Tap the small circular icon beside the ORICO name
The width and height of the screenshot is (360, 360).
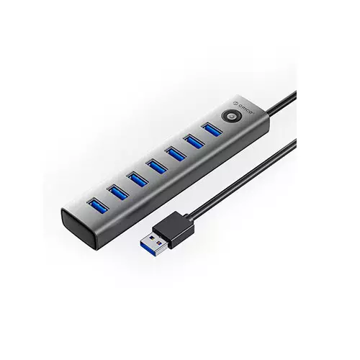pyautogui.click(x=236, y=103)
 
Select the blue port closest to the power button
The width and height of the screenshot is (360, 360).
pyautogui.click(x=212, y=130)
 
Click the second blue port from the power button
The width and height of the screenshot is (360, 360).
pyautogui.click(x=194, y=142)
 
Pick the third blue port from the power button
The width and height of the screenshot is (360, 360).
pyautogui.click(x=176, y=154)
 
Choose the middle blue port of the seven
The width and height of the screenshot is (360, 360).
pyautogui.click(x=157, y=166)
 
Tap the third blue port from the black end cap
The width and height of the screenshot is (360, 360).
pyautogui.click(x=138, y=179)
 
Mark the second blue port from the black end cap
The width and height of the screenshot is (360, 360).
pyautogui.click(x=118, y=192)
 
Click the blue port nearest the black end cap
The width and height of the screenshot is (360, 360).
pyautogui.click(x=98, y=205)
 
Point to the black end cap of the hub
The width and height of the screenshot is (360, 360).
pyautogui.click(x=77, y=228)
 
